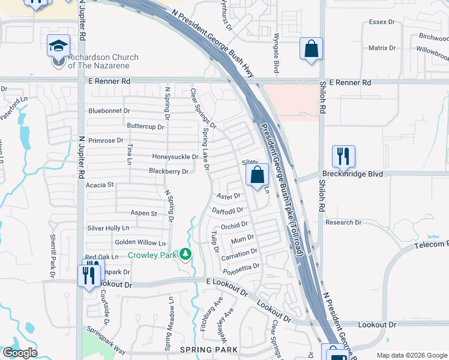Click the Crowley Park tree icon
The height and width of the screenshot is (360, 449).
click(x=185, y=254)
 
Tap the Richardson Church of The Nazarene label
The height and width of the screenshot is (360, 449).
click(x=103, y=61)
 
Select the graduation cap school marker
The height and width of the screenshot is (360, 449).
click(x=59, y=46)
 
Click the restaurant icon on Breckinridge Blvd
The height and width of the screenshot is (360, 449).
click(x=343, y=157)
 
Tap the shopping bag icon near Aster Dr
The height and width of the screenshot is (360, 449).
click(x=258, y=175)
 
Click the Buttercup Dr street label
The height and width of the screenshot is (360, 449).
click(x=145, y=127)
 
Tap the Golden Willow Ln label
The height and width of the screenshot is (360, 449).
click(x=140, y=243)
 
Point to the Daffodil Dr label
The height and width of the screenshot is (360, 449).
click(x=228, y=211)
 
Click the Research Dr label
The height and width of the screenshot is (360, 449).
click(x=360, y=222)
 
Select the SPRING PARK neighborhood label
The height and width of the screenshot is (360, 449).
click(x=201, y=349)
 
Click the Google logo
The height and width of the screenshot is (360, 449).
click(x=20, y=353)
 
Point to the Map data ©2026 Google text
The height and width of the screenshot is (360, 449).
click(x=412, y=355)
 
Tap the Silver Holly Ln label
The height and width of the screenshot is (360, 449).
click(x=108, y=228)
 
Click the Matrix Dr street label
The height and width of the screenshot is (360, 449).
click(x=382, y=48)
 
